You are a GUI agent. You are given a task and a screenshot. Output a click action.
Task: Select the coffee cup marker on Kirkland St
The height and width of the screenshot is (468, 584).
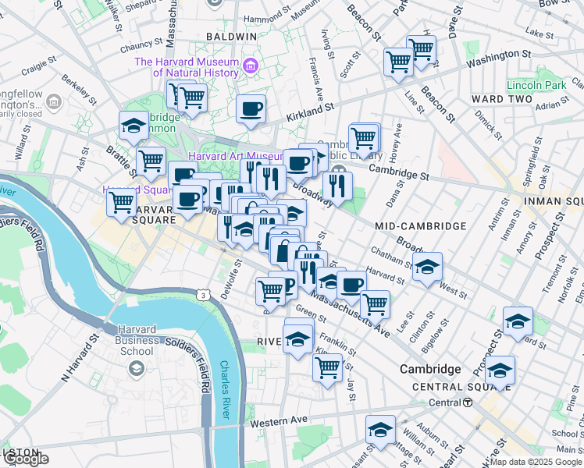click(x=251, y=109)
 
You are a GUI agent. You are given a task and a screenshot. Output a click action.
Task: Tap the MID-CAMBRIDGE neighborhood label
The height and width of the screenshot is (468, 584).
click(x=420, y=226)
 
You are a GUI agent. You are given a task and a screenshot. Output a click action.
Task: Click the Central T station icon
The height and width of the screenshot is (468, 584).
click(x=468, y=402)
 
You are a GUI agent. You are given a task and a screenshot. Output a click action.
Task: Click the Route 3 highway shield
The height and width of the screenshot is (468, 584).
click(x=204, y=296)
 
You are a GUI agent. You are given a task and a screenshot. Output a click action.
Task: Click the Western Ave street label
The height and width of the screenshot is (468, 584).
click(x=279, y=420)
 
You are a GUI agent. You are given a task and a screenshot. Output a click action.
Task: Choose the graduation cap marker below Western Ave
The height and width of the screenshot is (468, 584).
click(x=380, y=429)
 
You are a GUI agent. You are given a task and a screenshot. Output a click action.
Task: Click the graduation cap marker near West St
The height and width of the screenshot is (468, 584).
click(x=427, y=266)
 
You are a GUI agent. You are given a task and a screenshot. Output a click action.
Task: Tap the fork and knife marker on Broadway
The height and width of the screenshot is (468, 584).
click(x=337, y=186)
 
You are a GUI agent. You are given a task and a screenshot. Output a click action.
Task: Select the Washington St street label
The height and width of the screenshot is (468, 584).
click(x=496, y=57)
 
